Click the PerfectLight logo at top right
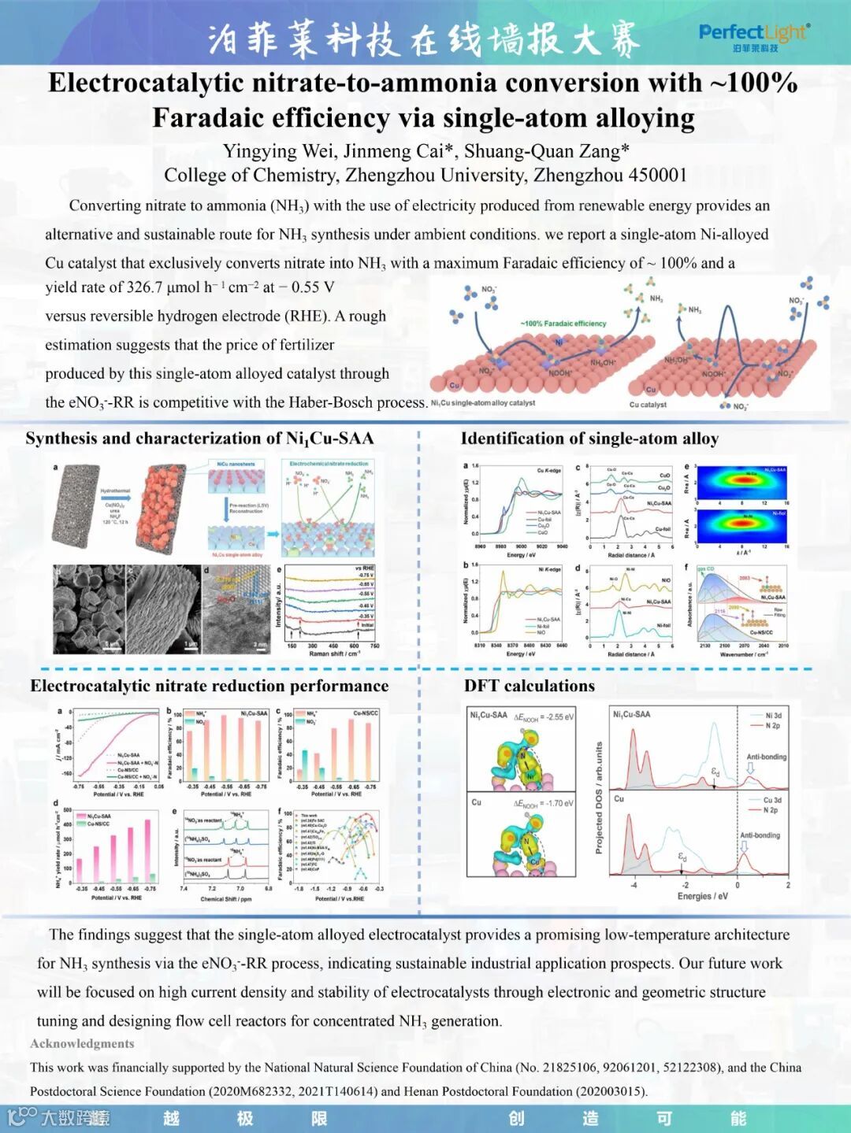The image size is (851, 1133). [x=753, y=36]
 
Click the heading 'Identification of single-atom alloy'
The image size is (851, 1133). [x=589, y=439]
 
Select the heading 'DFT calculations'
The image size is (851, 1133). [x=530, y=685]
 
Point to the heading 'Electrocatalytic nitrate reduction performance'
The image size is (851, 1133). [x=210, y=686]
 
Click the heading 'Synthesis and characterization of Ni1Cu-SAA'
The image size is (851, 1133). [x=199, y=439]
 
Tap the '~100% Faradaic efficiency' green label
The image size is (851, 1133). [x=563, y=324]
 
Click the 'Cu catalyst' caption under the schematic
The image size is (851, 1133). [x=648, y=405]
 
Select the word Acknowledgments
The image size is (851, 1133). [x=82, y=1043]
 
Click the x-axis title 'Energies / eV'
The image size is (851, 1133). [x=703, y=896]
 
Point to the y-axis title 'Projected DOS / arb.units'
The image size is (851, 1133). [x=599, y=797]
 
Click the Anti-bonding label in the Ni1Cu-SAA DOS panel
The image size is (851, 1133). [x=766, y=757]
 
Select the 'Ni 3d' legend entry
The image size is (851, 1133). [x=774, y=716]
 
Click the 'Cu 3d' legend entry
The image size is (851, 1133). [x=772, y=800]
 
